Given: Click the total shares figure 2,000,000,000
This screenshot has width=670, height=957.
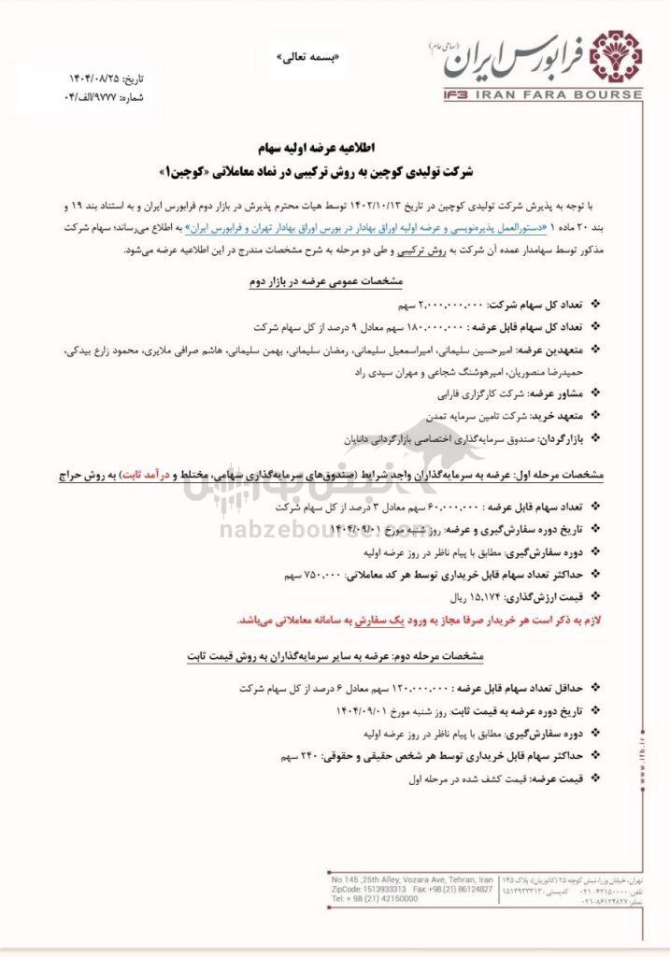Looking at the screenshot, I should pos(451,306).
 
